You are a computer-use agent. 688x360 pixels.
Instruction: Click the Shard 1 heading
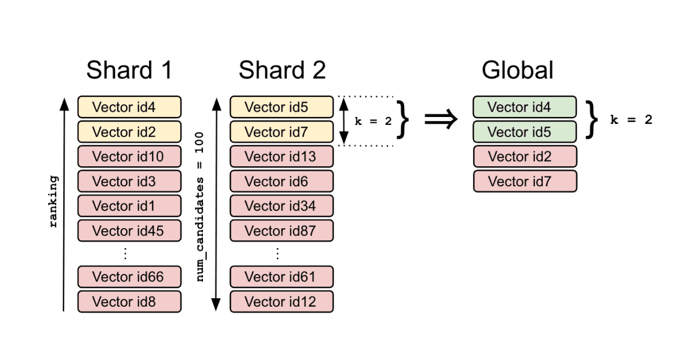coord(129,71)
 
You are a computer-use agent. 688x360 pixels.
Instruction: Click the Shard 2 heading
coord(282,71)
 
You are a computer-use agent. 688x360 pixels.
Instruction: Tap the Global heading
coord(517,71)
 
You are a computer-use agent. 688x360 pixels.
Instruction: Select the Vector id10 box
coord(129,156)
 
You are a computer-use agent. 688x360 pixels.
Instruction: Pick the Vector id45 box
coord(129,230)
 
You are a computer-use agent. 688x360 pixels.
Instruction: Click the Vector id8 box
coord(129,302)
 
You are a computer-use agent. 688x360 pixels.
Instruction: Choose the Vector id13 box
coord(281,156)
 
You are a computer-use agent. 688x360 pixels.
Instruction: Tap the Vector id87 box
coord(281,230)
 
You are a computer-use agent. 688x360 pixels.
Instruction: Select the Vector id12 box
coord(281,302)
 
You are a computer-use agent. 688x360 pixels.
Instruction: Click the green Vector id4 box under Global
coord(525,107)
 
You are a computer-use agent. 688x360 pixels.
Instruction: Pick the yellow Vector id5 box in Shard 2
coord(281,107)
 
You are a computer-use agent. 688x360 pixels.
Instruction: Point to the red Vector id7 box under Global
coord(525,181)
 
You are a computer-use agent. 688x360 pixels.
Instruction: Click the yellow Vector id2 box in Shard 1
coord(129,132)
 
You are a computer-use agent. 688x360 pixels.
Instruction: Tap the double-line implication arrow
coord(441,119)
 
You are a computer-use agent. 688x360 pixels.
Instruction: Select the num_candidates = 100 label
coord(201,206)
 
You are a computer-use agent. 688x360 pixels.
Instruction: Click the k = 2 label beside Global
coord(631,120)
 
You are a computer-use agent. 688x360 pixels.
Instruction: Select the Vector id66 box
coord(129,277)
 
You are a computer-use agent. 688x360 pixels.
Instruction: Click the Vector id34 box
coord(281,206)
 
